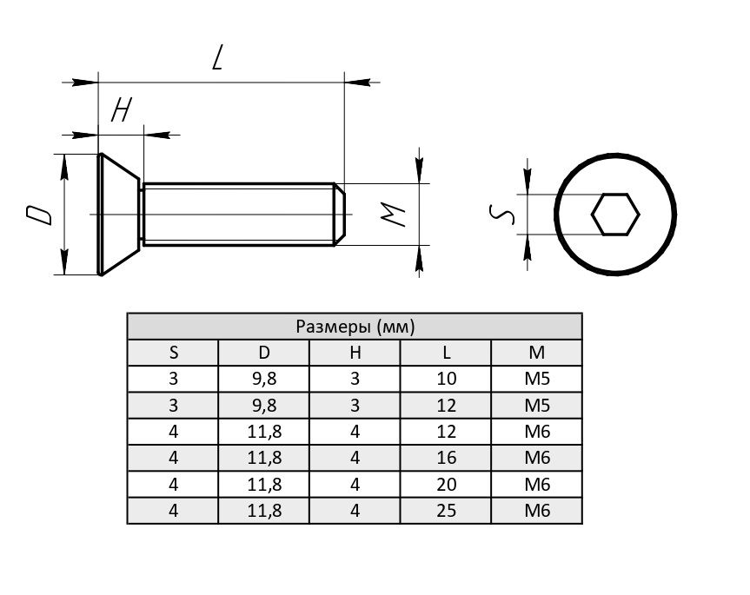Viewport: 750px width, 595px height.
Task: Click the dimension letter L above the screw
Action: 218,58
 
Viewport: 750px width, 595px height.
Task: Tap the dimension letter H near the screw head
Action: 122,110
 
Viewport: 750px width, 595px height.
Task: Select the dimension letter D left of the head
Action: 38,215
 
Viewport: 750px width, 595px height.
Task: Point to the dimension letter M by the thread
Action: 395,215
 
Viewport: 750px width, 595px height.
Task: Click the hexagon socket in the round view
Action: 615,214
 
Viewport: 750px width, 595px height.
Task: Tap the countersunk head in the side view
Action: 116,215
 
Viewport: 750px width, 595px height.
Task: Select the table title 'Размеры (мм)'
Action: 355,327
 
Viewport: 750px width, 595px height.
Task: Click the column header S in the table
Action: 173,353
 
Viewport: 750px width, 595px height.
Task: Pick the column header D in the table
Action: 264,353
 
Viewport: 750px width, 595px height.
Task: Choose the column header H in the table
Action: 355,353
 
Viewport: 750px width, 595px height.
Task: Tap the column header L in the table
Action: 446,353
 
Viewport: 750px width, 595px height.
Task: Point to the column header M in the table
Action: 537,353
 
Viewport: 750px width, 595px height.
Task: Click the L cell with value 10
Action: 446,379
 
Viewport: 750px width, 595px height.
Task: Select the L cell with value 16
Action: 446,458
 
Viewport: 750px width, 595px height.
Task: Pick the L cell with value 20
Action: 446,484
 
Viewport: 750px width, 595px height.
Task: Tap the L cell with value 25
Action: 446,511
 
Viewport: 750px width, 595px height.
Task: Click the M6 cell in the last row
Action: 537,511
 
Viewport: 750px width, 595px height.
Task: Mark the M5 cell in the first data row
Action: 537,379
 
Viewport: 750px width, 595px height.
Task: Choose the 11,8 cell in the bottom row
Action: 264,511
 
